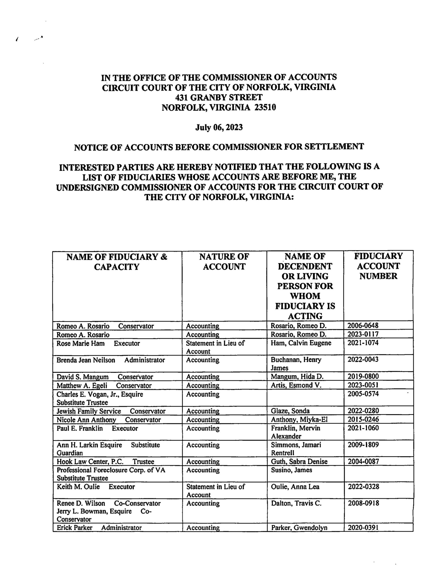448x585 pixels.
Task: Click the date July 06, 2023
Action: click(x=219, y=128)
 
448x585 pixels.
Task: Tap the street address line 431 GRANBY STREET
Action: click(x=219, y=97)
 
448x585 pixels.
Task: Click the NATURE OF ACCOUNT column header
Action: click(x=224, y=262)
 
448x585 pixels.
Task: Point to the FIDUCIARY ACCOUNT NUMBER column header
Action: click(x=378, y=266)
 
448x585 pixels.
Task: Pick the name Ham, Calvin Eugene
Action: click(x=301, y=343)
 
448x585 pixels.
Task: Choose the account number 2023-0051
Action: click(x=363, y=385)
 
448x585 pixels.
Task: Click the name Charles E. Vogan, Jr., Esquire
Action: click(x=100, y=394)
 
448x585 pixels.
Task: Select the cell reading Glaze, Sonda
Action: click(x=290, y=411)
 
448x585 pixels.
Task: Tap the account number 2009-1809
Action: click(x=363, y=445)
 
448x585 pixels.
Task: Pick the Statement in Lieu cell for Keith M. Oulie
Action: click(x=215, y=491)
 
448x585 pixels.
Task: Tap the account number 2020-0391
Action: click(x=363, y=527)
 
